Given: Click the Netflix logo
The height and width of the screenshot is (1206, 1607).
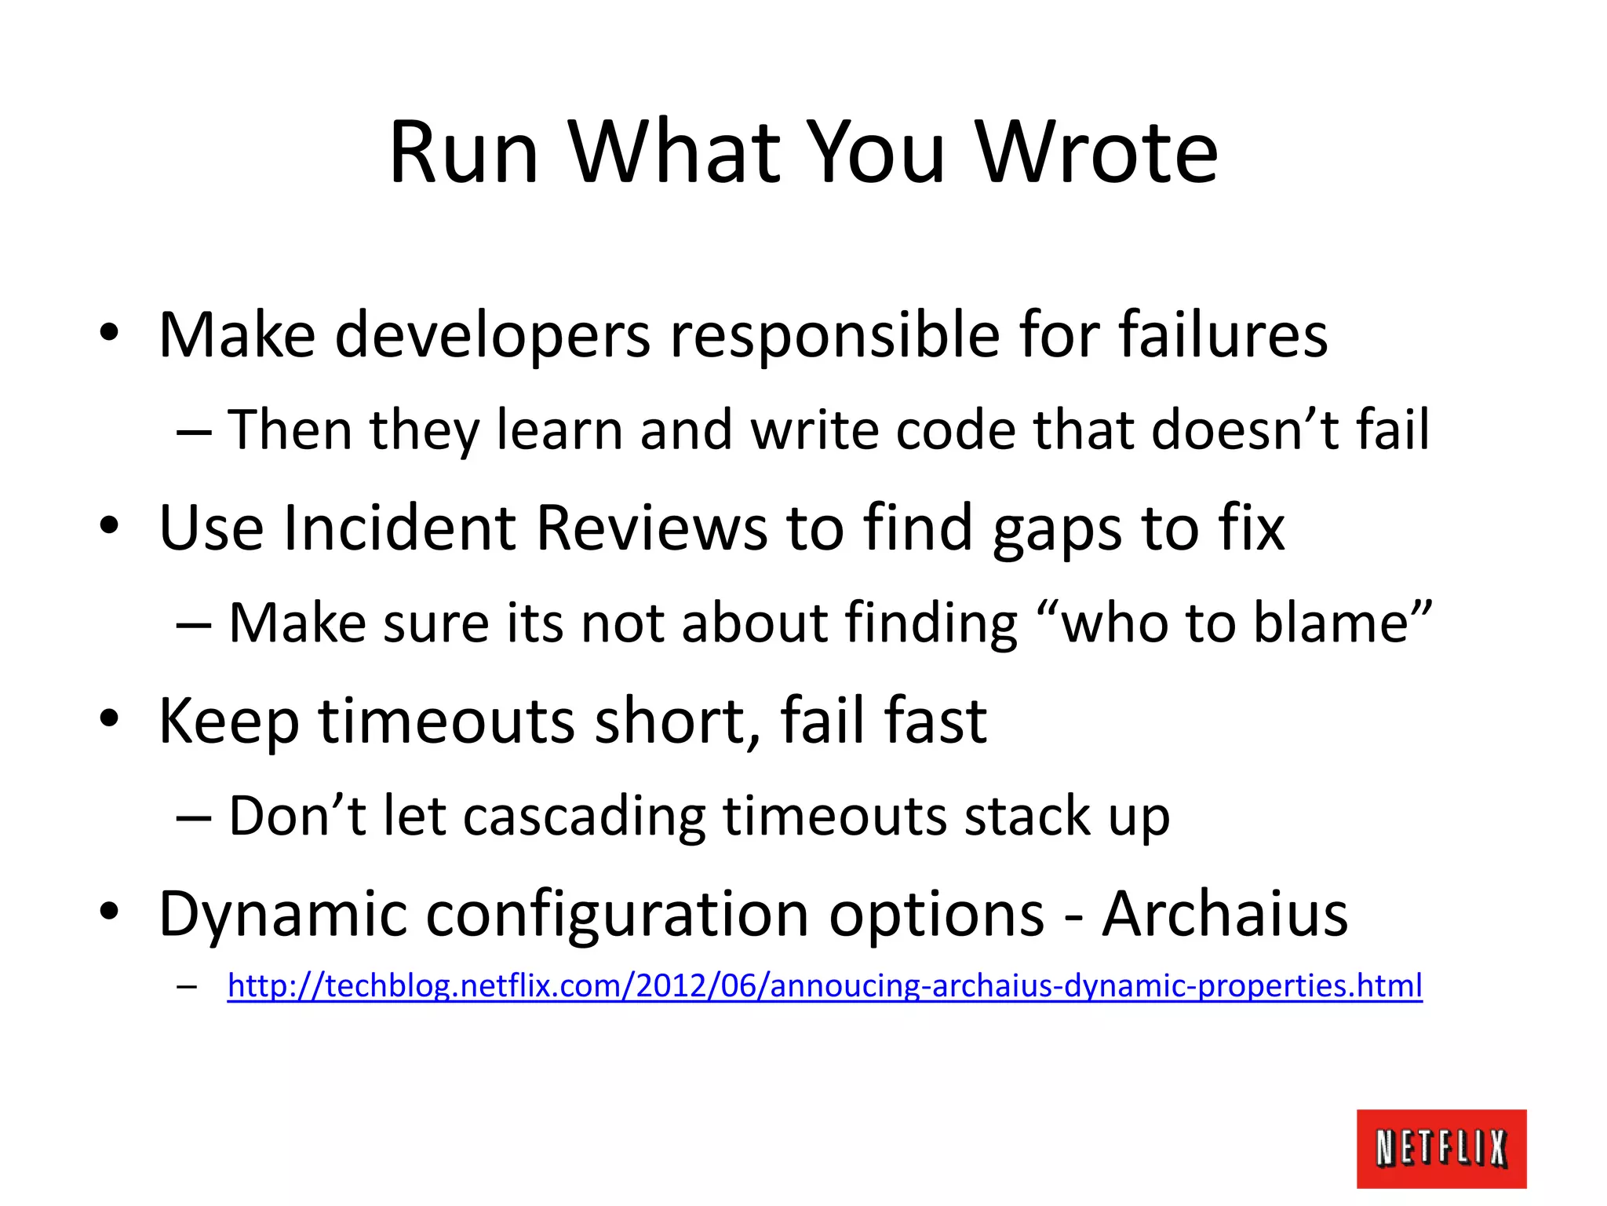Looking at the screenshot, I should click(x=1441, y=1148).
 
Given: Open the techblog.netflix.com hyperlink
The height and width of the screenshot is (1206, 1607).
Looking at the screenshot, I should click(x=824, y=985).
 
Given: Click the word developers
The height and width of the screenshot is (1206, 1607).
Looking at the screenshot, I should click(x=493, y=336).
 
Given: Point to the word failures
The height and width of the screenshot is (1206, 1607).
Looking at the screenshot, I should click(x=1223, y=336).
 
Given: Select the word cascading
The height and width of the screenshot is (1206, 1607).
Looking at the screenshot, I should click(x=584, y=817).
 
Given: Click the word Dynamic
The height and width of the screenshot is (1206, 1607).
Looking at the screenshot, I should click(x=282, y=915).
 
